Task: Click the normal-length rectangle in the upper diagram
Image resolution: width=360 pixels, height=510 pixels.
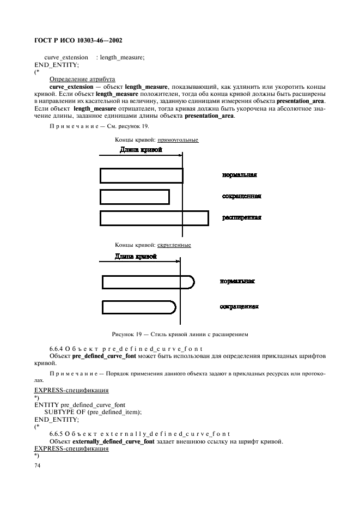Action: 142,175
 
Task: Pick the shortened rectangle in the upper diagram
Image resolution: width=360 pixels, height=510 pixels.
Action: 135,196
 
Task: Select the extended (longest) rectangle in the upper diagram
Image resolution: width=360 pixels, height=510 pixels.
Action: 154,217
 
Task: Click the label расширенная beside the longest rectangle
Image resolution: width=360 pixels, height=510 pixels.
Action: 241,217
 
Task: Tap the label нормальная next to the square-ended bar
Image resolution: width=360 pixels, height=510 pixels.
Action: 239,175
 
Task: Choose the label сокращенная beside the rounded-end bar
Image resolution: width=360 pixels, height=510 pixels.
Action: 239,307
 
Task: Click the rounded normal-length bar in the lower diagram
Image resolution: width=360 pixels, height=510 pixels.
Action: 148,282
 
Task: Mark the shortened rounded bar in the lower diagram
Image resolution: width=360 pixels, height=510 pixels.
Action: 139,307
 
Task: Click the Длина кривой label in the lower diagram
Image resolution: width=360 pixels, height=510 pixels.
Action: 136,257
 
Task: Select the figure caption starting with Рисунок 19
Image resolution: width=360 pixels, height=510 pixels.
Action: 180,334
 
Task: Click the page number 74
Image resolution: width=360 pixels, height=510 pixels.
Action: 38,466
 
